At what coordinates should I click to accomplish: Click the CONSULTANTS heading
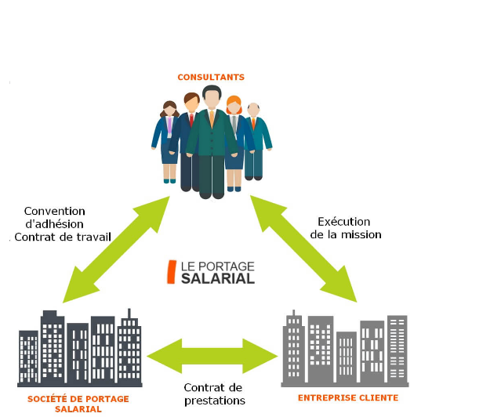point(211,77)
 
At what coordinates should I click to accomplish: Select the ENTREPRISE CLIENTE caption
point(348,397)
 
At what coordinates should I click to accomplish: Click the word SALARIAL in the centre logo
point(218,277)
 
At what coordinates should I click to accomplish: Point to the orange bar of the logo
point(171,271)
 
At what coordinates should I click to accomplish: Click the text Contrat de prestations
point(215,393)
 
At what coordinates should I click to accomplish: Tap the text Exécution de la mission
point(345,227)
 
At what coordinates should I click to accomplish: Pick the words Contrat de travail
point(63,237)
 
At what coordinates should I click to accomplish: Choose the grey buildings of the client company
point(345,349)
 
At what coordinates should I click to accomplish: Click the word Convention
point(55,211)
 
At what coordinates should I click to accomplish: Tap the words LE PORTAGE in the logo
point(218,265)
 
